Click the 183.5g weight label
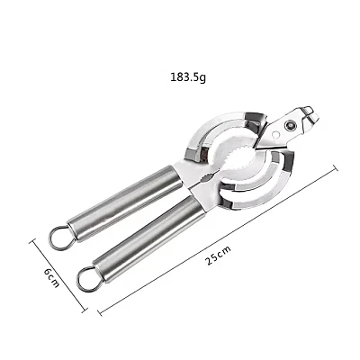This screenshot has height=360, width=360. (188, 77)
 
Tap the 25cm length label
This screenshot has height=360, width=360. (219, 256)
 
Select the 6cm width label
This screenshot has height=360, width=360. (51, 277)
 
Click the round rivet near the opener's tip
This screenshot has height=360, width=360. (290, 124)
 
